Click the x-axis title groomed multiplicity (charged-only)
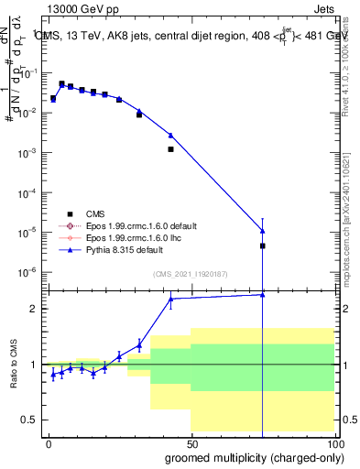point(251,456)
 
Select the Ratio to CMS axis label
point(15,364)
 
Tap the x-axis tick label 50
point(191,442)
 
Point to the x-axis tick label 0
point(48,442)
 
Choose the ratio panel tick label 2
point(33,309)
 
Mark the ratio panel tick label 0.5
point(29,420)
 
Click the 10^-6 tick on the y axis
point(26,272)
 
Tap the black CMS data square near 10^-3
point(170,148)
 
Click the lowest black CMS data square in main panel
point(262,245)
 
